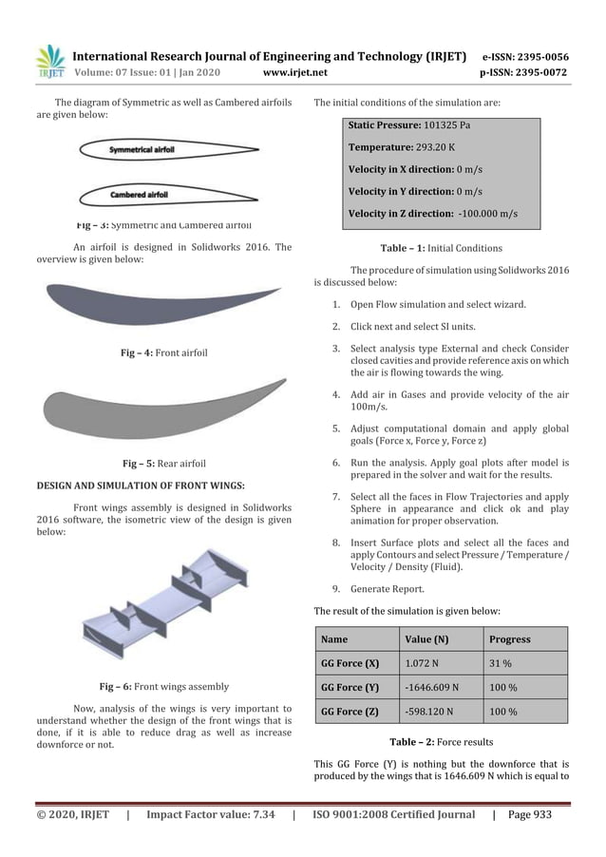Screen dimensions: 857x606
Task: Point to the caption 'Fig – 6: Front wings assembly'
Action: [163, 685]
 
